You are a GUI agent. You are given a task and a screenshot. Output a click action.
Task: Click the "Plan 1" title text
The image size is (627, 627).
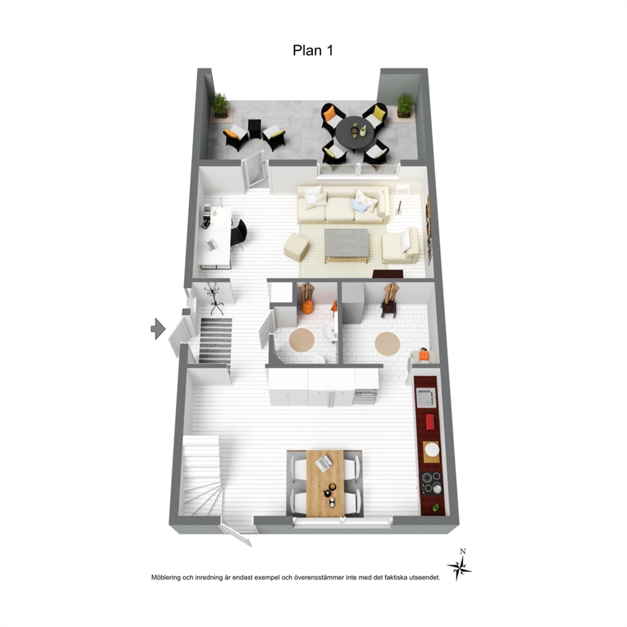point(313,51)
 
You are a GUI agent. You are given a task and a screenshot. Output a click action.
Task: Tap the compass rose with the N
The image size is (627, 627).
point(460,566)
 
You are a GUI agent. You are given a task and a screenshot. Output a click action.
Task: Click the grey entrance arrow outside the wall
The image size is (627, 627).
point(158,329)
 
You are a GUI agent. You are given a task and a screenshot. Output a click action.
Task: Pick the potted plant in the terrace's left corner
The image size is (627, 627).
point(221,106)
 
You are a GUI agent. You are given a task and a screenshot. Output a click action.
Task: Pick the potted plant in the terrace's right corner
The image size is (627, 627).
point(405,106)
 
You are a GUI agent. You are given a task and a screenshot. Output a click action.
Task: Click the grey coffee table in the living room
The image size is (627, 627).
point(346,245)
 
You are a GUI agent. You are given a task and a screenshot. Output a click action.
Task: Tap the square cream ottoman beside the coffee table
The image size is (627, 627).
point(296,247)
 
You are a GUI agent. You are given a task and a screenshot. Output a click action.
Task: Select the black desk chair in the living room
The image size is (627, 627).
point(239,233)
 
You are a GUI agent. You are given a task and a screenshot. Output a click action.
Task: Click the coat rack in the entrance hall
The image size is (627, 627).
point(214,298)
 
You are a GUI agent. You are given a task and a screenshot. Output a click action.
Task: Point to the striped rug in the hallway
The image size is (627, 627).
point(216,340)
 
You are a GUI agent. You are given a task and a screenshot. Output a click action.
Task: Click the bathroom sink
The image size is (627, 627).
point(329,331)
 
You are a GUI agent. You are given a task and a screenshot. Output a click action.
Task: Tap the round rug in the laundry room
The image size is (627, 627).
point(387,343)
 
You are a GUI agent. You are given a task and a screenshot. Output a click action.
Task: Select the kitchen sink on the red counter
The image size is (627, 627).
point(426,397)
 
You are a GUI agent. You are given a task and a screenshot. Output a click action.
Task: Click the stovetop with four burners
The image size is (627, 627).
point(431,483)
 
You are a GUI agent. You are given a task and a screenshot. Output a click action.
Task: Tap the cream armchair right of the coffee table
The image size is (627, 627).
point(400,246)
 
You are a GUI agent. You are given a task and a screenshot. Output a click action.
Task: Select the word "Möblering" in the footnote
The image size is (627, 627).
point(166,578)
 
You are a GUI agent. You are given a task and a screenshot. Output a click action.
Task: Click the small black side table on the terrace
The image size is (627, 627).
point(254,128)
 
